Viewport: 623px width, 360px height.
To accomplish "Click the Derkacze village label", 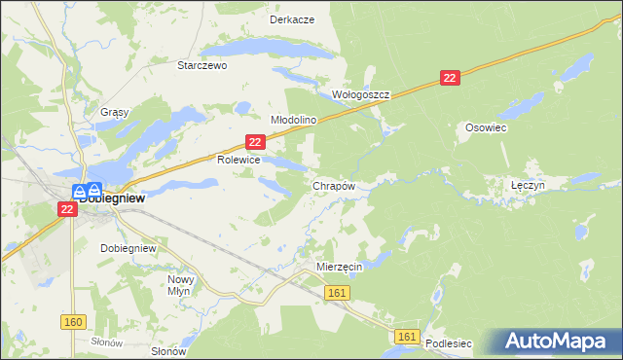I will point(292,19).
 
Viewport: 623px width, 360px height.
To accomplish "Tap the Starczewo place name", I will point(202,65).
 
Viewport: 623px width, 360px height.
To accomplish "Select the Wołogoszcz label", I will point(361,95).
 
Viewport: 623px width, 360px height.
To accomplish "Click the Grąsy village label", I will point(115,112).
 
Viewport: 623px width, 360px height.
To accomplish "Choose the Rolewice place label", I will point(238,159).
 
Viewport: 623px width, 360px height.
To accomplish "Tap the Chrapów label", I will point(332,185).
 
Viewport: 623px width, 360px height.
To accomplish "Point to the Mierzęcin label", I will point(340,266).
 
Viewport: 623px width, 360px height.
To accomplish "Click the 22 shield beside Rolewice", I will point(255,142).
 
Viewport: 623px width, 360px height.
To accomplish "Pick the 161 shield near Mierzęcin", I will point(338,293).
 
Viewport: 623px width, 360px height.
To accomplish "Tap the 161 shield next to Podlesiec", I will point(408,337).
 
